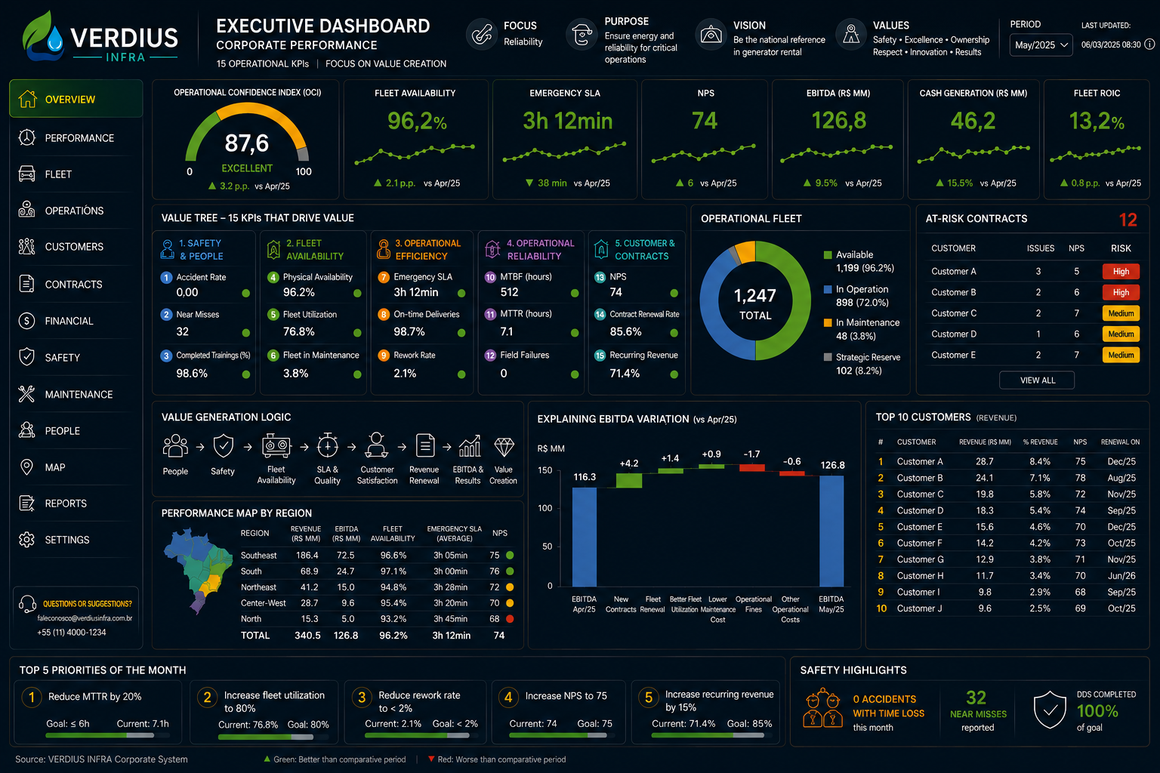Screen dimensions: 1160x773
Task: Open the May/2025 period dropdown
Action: click(1041, 45)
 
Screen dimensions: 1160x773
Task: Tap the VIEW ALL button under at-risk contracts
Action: click(1037, 380)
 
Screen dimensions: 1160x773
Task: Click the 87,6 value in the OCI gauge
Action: click(246, 143)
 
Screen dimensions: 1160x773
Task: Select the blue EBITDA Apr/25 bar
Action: click(584, 537)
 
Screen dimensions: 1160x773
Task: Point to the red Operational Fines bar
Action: click(752, 467)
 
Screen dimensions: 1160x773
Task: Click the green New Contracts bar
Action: click(628, 480)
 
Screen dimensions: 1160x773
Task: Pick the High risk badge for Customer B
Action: click(1121, 292)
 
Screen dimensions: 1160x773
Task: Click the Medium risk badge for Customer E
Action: click(1121, 355)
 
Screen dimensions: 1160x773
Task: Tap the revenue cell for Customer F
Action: click(985, 543)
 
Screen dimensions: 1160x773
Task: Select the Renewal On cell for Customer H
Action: click(1121, 575)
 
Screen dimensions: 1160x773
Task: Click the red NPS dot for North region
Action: click(510, 619)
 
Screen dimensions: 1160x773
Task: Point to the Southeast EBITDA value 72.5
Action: click(345, 555)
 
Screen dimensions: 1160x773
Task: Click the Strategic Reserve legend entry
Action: click(862, 363)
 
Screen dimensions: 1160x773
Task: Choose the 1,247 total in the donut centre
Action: click(755, 296)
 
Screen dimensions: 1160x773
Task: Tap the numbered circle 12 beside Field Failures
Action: click(490, 356)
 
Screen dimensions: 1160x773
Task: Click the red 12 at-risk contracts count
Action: click(1128, 220)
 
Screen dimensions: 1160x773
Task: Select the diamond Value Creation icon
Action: click(504, 446)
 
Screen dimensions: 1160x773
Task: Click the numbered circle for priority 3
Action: click(362, 698)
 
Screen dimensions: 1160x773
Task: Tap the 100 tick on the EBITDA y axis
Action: click(545, 508)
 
